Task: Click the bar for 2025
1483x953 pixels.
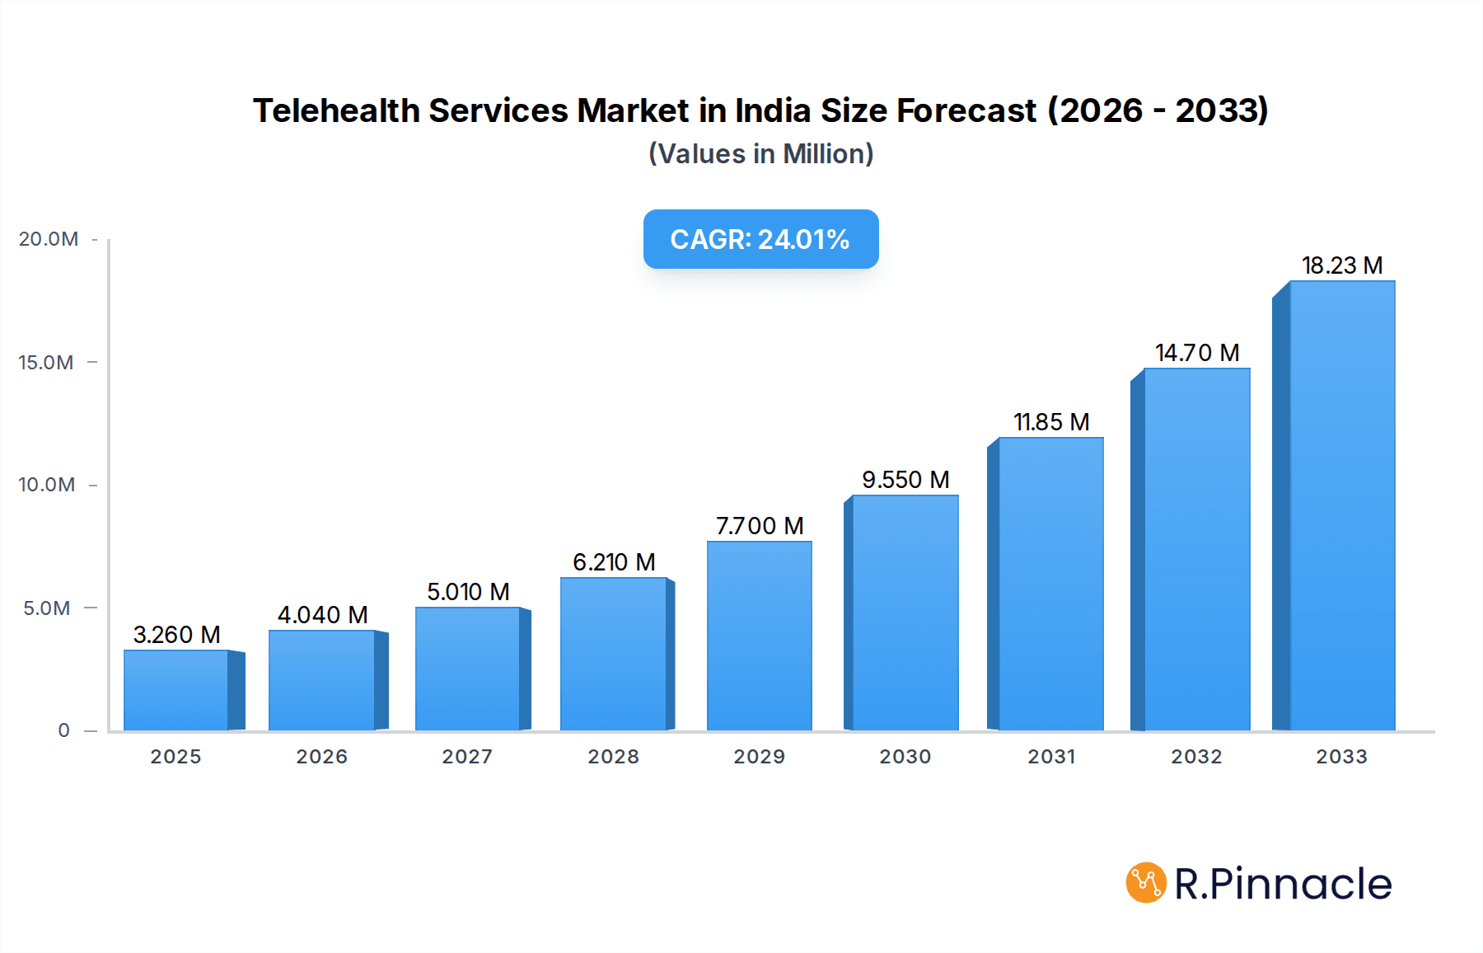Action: point(176,690)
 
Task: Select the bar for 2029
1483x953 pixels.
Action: point(760,636)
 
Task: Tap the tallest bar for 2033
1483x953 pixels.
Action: point(1342,505)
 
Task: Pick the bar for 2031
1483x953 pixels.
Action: point(1050,584)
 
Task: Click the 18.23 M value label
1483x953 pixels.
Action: point(1342,265)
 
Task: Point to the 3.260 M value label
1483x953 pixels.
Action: point(176,635)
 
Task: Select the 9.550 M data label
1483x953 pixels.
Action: point(905,480)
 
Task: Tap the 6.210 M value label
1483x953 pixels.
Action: point(614,562)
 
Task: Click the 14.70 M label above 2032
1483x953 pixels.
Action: point(1197,353)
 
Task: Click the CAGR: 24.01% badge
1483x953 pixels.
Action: point(760,239)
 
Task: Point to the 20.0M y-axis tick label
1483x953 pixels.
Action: point(49,239)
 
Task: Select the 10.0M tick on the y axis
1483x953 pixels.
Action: point(47,485)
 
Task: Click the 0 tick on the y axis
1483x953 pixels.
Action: point(64,730)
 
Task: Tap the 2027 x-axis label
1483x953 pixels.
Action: point(467,757)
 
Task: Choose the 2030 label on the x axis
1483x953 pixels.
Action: point(905,757)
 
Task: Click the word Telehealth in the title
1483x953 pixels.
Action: point(336,110)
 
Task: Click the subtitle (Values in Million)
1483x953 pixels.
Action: point(760,154)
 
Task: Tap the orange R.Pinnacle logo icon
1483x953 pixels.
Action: point(1146,883)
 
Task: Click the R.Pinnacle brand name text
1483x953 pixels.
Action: point(1283,884)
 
